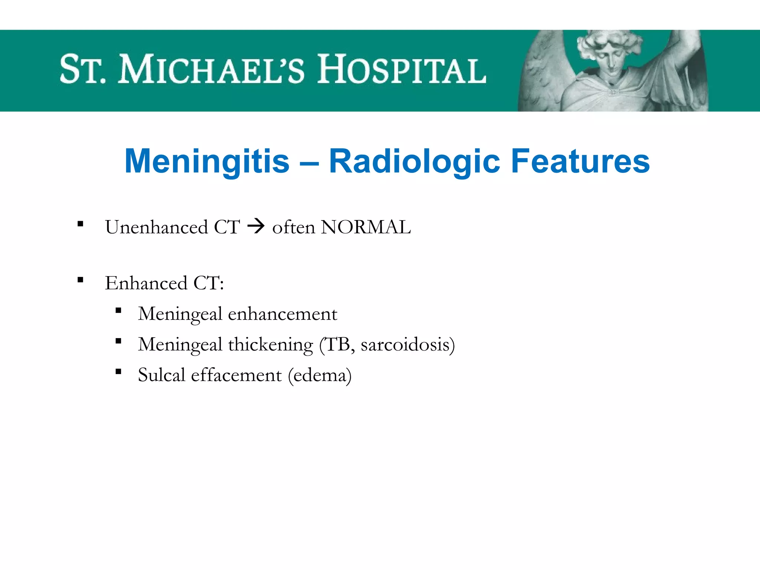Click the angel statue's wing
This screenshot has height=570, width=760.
click(x=542, y=74)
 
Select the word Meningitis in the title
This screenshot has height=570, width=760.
click(x=207, y=161)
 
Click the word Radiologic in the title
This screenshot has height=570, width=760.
click(x=415, y=161)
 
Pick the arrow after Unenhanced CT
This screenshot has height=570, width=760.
click(x=256, y=226)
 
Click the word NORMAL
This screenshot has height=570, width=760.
click(x=366, y=227)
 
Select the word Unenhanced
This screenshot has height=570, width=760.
click(x=156, y=227)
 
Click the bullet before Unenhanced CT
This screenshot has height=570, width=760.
click(x=80, y=224)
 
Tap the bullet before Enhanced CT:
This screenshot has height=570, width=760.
click(x=80, y=280)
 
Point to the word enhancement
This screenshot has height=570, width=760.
click(x=282, y=314)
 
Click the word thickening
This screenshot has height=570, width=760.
click(x=271, y=345)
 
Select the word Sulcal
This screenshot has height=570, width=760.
click(x=161, y=375)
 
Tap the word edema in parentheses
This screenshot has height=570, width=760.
click(x=320, y=375)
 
